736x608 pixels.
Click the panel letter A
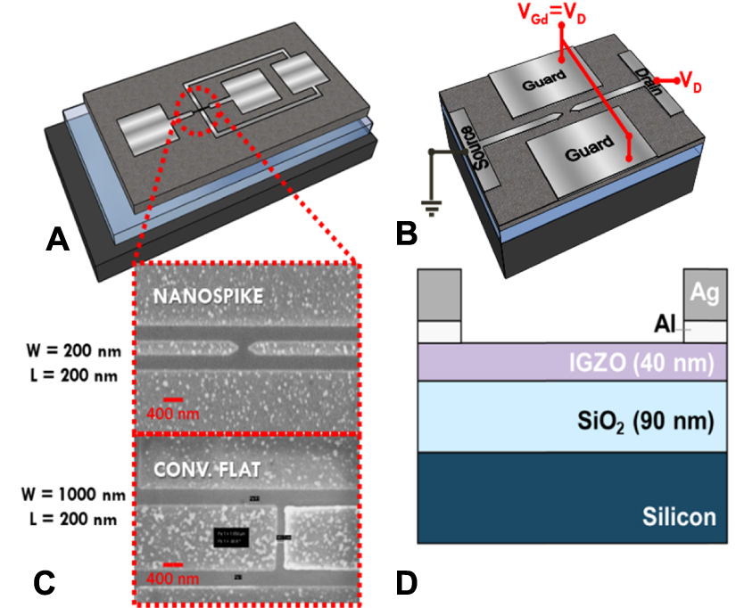58,239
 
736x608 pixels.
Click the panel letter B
406,234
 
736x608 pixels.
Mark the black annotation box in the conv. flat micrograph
232,535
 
